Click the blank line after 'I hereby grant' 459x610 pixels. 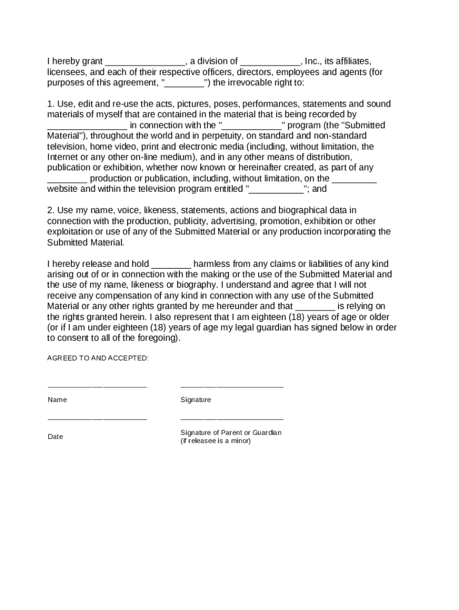pyautogui.click(x=145, y=62)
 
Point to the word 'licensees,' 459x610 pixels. pyautogui.click(x=67, y=72)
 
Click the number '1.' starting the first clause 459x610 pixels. pyautogui.click(x=51, y=104)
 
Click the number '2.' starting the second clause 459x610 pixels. pyautogui.click(x=51, y=210)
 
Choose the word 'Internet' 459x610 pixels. pyautogui.click(x=63, y=157)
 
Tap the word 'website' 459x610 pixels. pyautogui.click(x=63, y=189)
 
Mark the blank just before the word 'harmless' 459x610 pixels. pyautogui.click(x=171, y=264)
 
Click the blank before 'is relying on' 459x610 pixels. pyautogui.click(x=315, y=307)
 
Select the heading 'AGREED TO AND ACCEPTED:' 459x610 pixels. pyautogui.click(x=98, y=358)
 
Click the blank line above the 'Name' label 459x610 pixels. pyautogui.click(x=97, y=387)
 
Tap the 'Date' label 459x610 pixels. pyautogui.click(x=55, y=437)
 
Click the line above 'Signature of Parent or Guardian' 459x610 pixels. pyautogui.click(x=232, y=419)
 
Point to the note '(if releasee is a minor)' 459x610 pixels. pyautogui.click(x=216, y=441)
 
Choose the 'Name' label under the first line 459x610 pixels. pyautogui.click(x=57, y=400)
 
